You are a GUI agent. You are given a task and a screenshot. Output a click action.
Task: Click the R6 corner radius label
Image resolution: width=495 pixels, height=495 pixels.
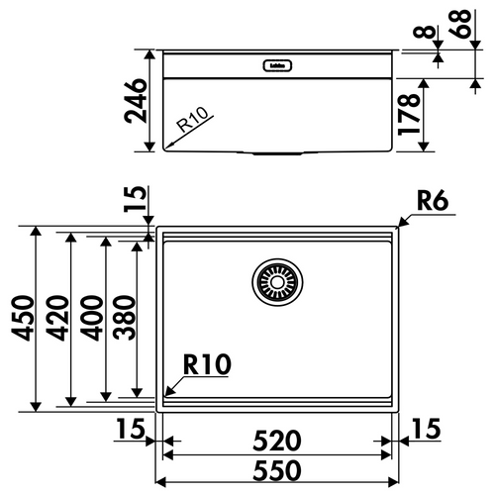pos(433,202)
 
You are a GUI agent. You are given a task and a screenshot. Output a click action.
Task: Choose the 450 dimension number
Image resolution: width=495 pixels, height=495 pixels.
pos(25,317)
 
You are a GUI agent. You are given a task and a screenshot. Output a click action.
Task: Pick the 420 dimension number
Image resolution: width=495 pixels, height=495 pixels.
pos(59,317)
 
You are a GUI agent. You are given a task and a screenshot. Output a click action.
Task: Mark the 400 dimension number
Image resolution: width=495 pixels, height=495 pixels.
pos(94,317)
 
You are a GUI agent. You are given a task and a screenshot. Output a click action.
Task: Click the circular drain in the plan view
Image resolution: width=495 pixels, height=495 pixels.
pos(276,283)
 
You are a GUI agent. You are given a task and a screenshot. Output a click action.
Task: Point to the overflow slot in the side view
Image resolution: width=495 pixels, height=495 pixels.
pos(276,66)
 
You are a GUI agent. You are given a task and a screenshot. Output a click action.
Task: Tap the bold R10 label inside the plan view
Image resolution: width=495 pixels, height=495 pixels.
pos(206,366)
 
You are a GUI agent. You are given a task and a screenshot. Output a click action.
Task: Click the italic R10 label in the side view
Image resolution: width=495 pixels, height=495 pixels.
pos(194,126)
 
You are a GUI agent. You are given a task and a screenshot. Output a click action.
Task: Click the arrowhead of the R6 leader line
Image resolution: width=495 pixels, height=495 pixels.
pos(397,226)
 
